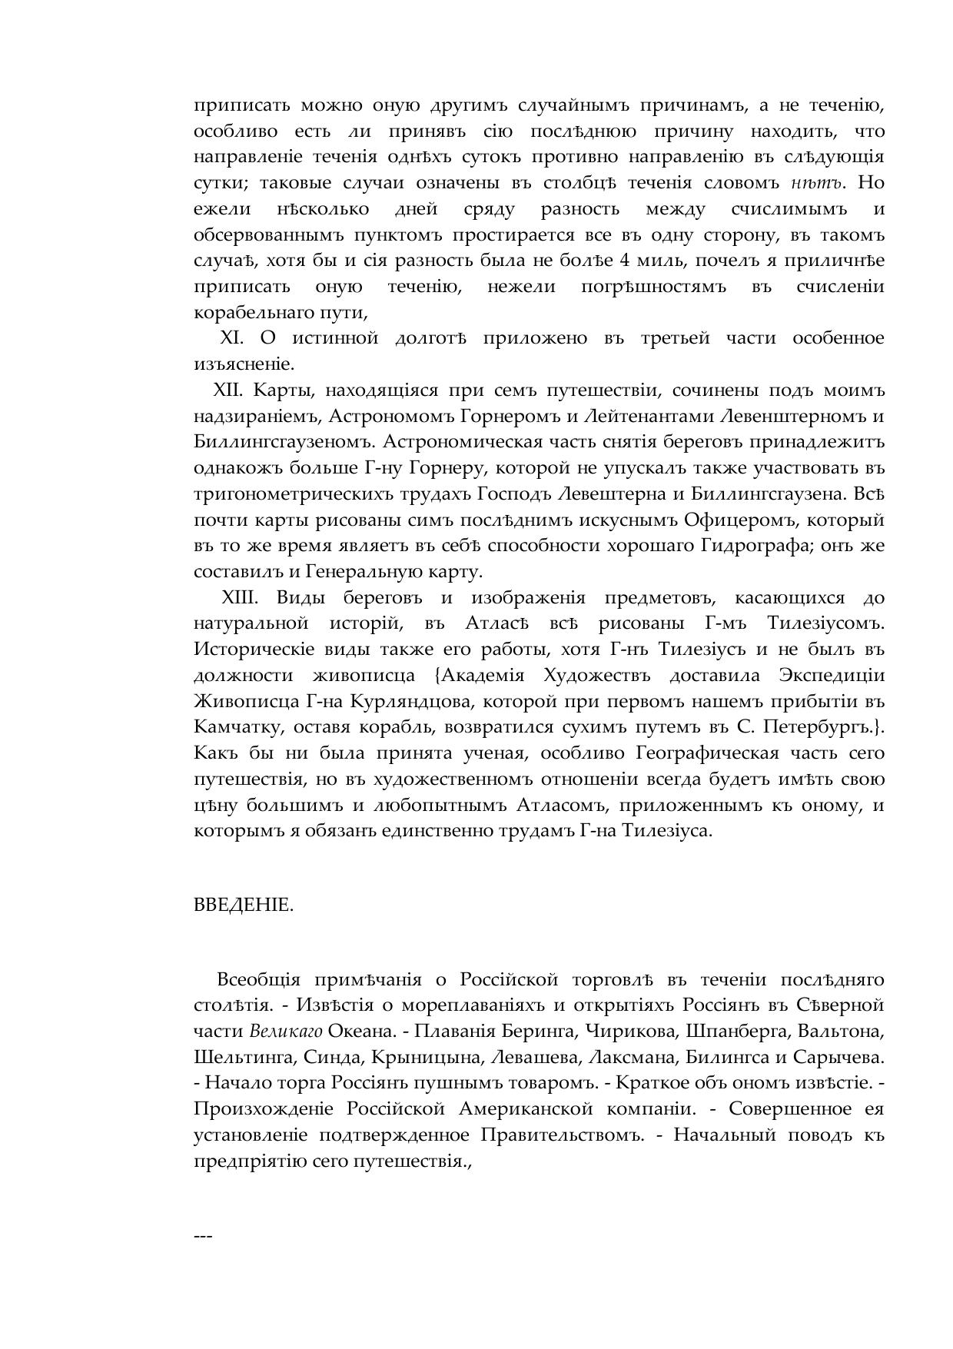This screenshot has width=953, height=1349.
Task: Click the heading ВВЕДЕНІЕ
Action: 244,905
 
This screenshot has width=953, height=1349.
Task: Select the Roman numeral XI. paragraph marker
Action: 231,338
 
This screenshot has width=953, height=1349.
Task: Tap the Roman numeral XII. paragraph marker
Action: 228,390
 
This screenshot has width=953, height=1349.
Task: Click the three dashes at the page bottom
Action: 203,1236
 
